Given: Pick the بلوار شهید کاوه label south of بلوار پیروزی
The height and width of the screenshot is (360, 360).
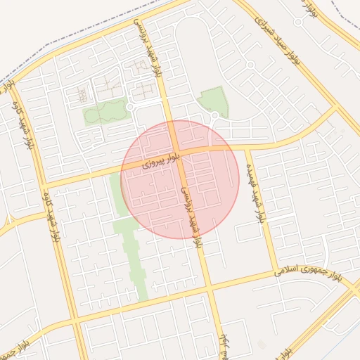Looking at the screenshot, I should point(51,214).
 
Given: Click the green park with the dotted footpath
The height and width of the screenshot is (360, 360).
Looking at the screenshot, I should point(106,111).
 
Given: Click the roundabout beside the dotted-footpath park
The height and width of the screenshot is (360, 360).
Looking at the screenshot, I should point(131,107).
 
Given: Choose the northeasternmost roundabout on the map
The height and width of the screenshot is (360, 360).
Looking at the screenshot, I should point(298,22).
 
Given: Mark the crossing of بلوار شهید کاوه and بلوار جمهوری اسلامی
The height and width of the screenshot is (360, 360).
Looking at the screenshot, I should point(75,323).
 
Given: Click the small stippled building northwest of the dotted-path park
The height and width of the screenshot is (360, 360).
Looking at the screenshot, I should point(84,94).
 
